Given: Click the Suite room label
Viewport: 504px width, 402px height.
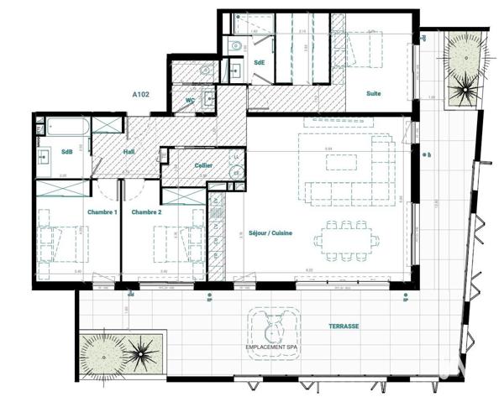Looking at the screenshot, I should [374, 93].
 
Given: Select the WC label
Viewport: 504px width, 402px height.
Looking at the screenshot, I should [191, 100].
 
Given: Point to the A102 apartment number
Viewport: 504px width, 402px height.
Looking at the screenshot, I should [140, 96].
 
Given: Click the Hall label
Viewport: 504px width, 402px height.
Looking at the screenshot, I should [129, 152].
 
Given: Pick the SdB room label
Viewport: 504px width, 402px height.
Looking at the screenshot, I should [67, 152].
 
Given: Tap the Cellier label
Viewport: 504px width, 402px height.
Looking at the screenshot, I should [202, 166].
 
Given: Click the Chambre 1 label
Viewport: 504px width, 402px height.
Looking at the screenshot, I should [102, 211].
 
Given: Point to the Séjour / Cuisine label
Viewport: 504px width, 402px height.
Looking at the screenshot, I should [270, 233].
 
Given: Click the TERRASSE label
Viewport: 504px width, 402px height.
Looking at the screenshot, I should [344, 326].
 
